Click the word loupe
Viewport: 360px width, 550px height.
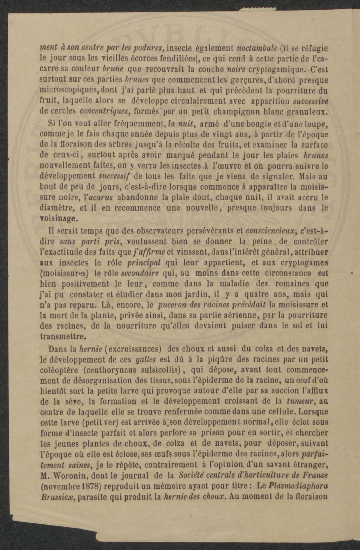coord(316,124)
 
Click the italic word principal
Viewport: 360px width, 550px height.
coord(144,263)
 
